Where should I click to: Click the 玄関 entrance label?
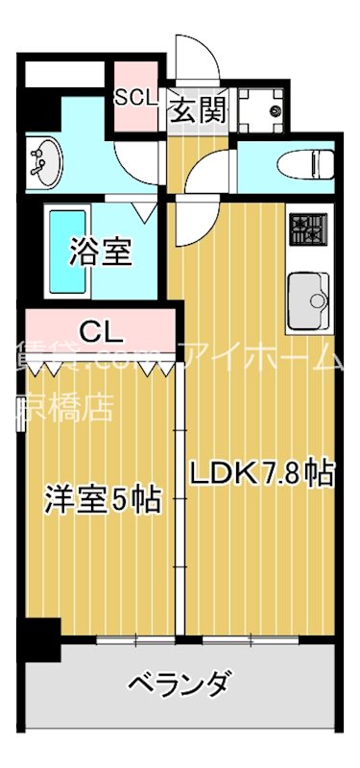click(199, 108)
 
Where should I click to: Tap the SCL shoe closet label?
click(136, 97)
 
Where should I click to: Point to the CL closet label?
click(101, 332)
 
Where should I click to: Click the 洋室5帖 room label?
click(101, 500)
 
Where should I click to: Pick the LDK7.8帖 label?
click(260, 473)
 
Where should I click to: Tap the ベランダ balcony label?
click(179, 685)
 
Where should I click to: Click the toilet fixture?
click(305, 164)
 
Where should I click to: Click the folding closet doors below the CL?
click(101, 364)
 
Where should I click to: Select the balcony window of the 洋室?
click(135, 639)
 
